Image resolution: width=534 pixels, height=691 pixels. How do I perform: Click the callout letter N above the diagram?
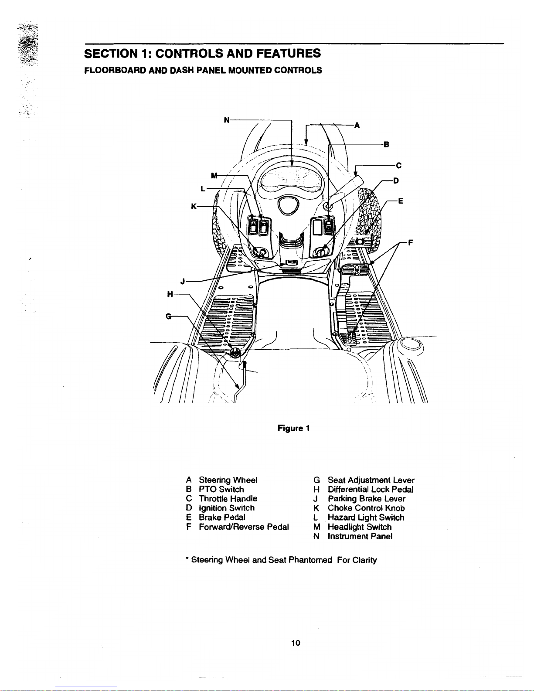(226, 119)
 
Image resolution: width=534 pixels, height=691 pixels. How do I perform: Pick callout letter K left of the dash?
(194, 206)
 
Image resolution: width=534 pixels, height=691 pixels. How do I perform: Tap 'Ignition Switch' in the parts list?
(226, 508)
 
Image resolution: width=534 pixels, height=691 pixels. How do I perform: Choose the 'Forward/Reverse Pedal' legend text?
(244, 527)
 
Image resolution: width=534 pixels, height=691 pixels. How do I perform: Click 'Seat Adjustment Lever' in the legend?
(371, 480)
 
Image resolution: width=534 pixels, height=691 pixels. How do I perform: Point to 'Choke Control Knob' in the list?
(366, 508)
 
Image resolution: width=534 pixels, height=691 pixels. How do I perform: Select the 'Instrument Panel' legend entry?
(360, 537)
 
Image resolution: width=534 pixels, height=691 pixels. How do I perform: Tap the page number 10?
(296, 643)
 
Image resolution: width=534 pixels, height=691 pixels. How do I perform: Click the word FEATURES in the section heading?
(284, 53)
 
